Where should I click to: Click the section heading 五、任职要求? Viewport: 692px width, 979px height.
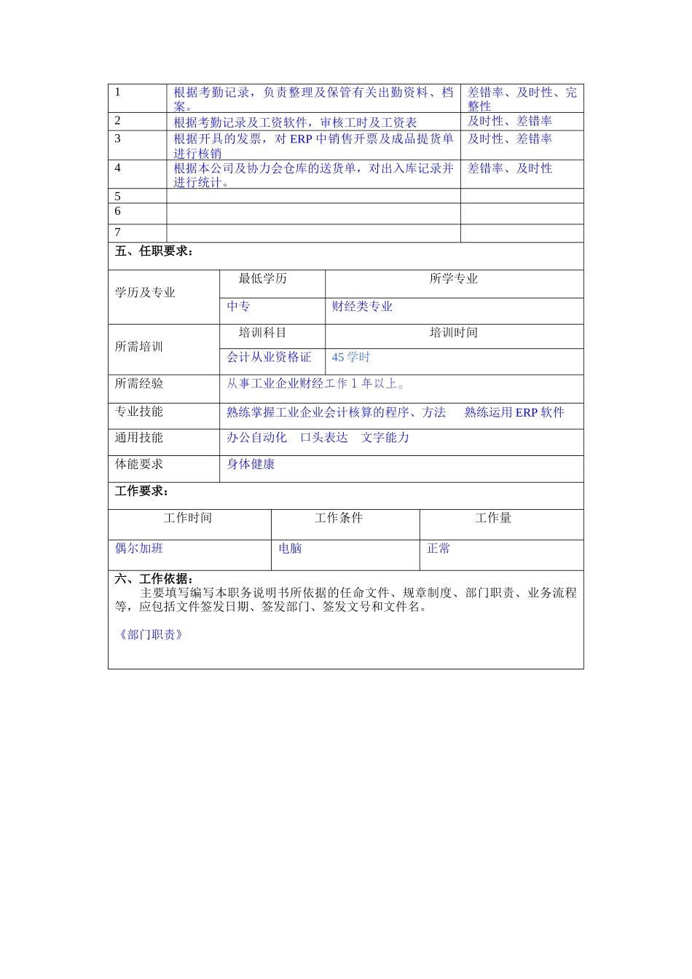click(154, 251)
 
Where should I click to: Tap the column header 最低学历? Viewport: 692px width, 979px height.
click(262, 278)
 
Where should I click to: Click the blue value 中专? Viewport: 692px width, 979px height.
click(238, 306)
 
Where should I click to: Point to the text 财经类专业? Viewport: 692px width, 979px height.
click(362, 306)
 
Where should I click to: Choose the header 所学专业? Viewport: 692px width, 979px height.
click(453, 278)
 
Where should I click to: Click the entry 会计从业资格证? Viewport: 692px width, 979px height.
click(269, 357)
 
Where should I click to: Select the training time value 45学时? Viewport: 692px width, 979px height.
click(351, 357)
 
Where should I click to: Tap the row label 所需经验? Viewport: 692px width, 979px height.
click(139, 383)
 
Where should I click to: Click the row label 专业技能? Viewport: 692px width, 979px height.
click(139, 412)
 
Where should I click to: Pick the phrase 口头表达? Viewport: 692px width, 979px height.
click(323, 437)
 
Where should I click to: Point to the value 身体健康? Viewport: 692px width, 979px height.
click(251, 464)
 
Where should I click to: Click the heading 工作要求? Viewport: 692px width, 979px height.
click(142, 491)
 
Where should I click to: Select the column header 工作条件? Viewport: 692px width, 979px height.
click(338, 518)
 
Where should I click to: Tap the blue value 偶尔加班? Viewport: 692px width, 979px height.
click(139, 548)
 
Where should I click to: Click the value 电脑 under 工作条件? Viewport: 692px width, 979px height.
click(290, 548)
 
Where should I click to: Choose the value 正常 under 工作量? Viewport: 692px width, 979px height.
click(439, 548)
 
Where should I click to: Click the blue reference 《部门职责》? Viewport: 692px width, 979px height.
click(152, 634)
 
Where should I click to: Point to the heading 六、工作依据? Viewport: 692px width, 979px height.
click(154, 579)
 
